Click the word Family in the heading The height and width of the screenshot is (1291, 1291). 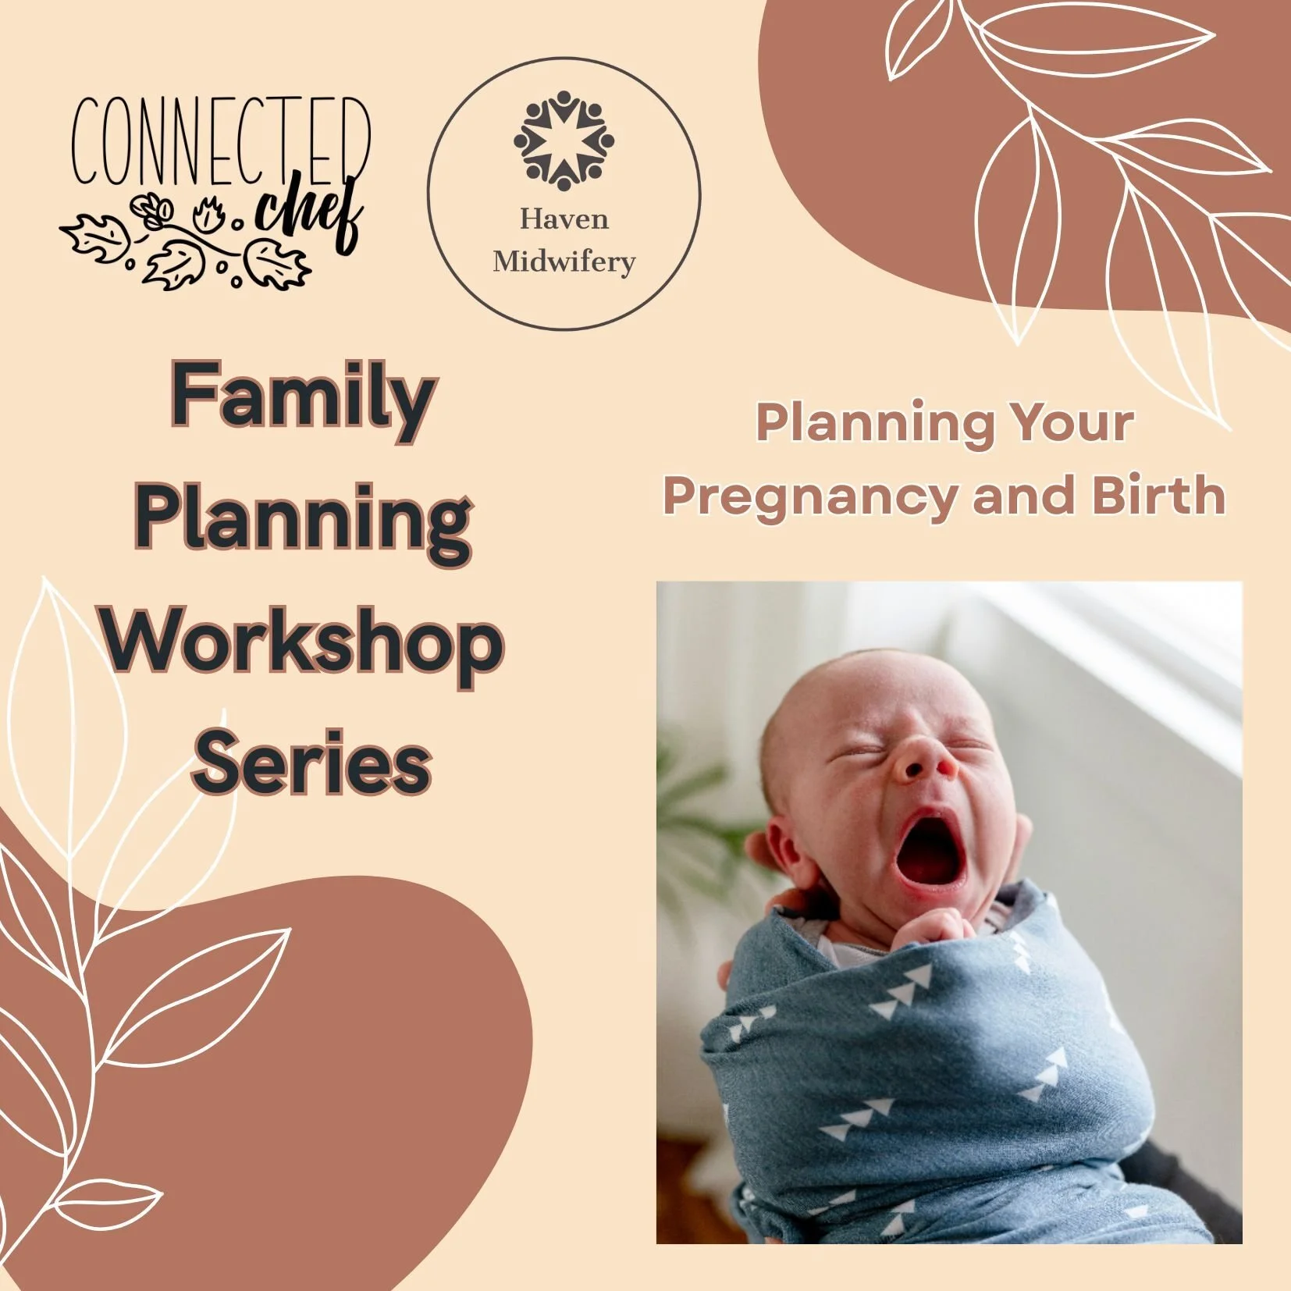[303, 397]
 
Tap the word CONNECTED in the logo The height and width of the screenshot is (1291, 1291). [221, 140]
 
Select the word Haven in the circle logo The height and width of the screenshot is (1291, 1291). [564, 219]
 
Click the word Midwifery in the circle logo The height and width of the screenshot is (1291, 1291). [564, 261]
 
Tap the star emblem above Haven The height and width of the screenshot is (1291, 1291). [564, 140]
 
